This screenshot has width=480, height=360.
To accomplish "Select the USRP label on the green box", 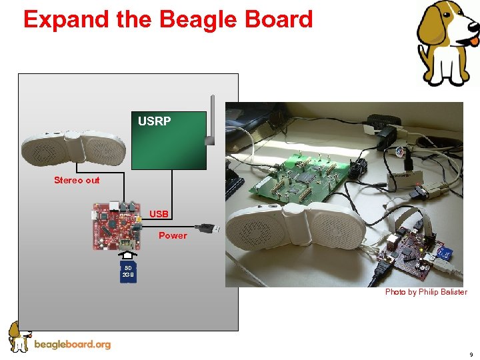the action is coord(154,121).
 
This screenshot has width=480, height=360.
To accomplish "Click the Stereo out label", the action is coord(77,180).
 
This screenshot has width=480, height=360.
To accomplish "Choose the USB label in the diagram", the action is coord(159,214).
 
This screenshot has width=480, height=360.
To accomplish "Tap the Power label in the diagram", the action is coord(173,235).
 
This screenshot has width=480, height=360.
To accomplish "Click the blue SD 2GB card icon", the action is coord(128,272).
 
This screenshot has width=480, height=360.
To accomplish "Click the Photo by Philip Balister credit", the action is coord(425,292).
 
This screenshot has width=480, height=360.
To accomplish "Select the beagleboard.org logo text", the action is coord(72,345).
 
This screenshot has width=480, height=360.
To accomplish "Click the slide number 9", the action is coord(471,355).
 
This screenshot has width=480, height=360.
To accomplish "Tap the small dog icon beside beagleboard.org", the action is coord(19,336).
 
